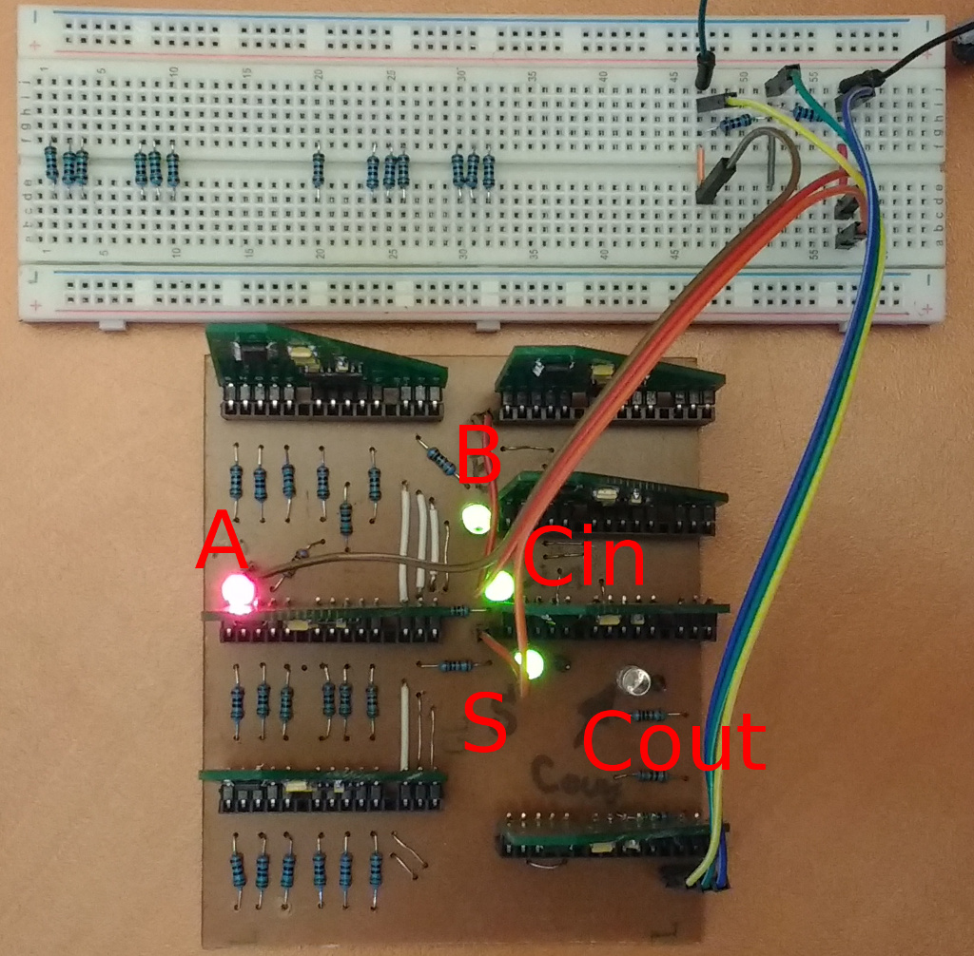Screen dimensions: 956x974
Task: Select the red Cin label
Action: [x=583, y=557]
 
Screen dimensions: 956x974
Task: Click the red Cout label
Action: [x=673, y=741]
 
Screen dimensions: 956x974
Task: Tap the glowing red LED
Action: [x=238, y=591]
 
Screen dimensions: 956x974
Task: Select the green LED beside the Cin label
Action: [x=497, y=587]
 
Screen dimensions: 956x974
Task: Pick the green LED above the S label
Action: [x=529, y=662]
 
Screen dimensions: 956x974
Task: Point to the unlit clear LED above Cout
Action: [x=634, y=679]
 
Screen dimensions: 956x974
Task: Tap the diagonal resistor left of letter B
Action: [x=441, y=461]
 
